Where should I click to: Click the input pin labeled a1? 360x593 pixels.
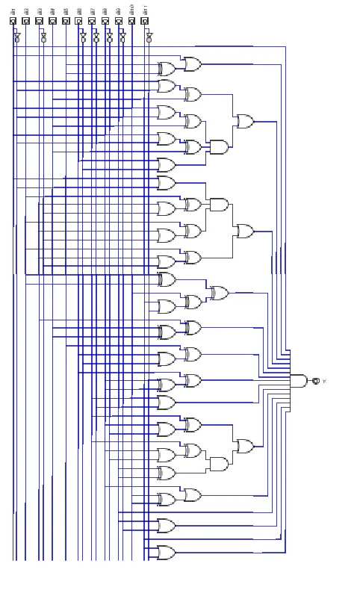(13, 21)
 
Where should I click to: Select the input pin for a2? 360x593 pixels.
(26, 21)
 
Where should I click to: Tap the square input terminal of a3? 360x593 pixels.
(39, 21)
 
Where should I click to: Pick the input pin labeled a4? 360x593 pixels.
(52, 21)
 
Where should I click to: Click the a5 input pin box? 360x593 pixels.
(66, 21)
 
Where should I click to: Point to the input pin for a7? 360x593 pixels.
(92, 21)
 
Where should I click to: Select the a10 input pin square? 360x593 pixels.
(131, 21)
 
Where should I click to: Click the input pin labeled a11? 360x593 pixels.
(145, 21)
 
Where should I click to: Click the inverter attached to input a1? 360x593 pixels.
(17, 36)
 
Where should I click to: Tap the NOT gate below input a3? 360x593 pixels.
(43, 36)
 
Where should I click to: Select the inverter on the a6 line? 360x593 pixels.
(83, 36)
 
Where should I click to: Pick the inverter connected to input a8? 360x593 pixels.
(109, 36)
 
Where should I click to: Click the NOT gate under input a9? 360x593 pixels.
(122, 36)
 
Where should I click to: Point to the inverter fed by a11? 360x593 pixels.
(149, 36)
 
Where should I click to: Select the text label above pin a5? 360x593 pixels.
(66, 10)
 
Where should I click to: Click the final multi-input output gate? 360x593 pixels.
(298, 381)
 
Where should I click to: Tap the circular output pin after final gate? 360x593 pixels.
(316, 381)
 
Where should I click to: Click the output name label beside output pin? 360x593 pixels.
(324, 382)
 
